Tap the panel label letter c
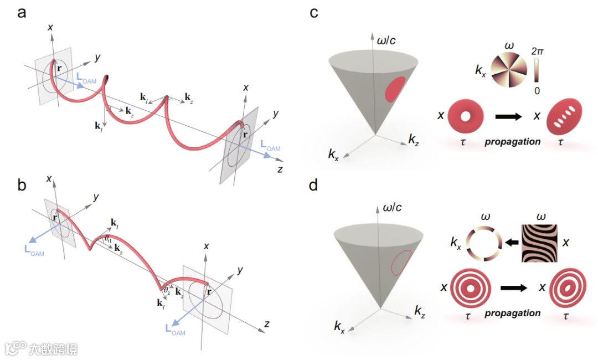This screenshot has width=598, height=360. (x=314, y=13)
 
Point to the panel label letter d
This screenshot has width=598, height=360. (x=314, y=185)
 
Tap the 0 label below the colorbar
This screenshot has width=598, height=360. (x=537, y=90)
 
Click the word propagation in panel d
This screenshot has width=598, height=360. (x=513, y=313)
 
